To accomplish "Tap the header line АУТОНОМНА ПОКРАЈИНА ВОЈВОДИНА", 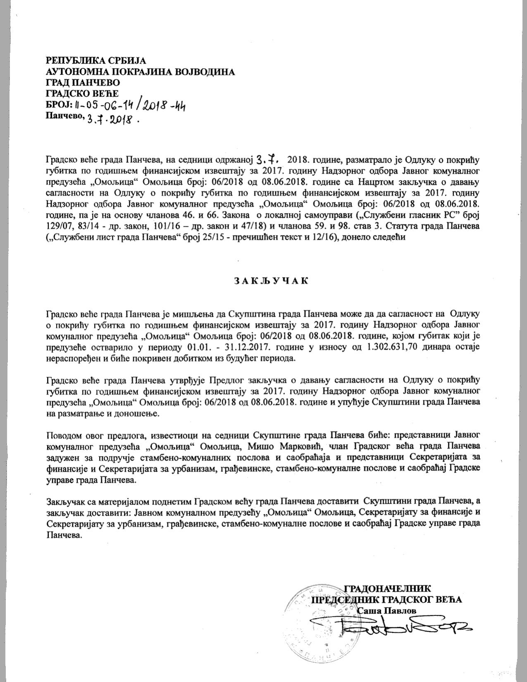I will pyautogui.click(x=141, y=72).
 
